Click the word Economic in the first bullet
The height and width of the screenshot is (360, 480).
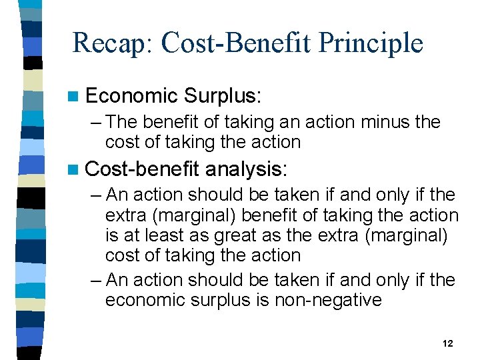tap(132, 96)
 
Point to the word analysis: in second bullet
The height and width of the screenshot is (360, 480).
tap(247, 169)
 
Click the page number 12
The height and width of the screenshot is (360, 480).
tap(447, 343)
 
